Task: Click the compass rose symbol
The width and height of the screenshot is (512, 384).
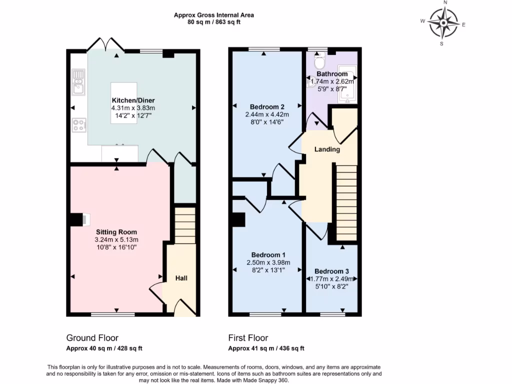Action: tap(443, 22)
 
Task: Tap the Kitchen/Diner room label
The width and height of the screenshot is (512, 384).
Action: tap(133, 100)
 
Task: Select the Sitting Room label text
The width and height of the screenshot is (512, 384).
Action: tap(116, 232)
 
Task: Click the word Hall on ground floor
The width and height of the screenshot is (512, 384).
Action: tap(181, 278)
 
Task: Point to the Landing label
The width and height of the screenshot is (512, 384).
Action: tap(327, 149)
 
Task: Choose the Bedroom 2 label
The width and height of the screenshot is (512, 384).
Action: tap(267, 106)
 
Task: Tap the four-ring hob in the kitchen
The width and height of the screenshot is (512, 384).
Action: tap(79, 125)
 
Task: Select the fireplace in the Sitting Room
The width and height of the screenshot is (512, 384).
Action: tap(79, 219)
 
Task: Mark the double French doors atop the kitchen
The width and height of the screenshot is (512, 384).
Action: tap(105, 45)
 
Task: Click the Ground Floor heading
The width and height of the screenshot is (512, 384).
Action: tap(92, 338)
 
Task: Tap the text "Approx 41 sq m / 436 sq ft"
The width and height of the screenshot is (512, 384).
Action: tap(266, 348)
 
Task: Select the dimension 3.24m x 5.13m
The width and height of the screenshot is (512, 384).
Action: tap(116, 239)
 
